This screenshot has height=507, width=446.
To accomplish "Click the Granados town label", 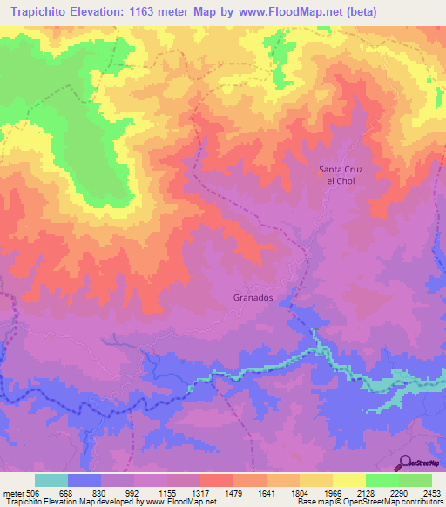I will pos(253,297).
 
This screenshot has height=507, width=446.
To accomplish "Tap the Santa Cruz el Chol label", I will pos(337,174).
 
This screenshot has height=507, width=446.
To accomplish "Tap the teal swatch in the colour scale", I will pos(51,481).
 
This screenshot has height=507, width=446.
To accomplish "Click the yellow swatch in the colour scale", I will pos(348,481).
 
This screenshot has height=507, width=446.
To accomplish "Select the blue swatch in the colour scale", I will pos(84,481).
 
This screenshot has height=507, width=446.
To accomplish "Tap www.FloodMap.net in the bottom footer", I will pos(179,502).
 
